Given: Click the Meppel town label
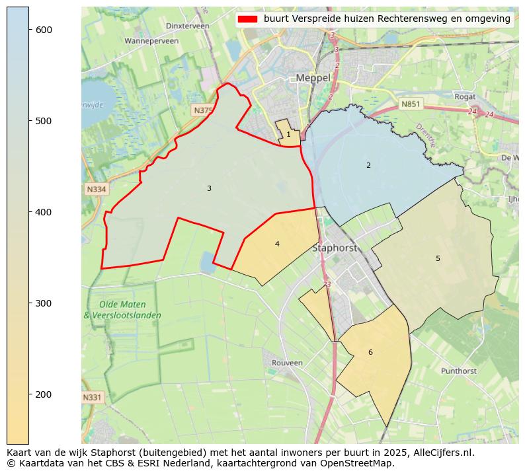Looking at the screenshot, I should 313,78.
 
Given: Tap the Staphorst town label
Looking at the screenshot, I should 334,248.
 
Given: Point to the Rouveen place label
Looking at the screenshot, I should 287,363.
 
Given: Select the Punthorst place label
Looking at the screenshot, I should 458,371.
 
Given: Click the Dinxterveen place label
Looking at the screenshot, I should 188,26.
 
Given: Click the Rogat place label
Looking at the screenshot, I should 465,96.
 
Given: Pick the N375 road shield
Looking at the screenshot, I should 203,110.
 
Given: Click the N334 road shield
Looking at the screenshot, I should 96,190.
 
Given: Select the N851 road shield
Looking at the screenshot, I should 411,104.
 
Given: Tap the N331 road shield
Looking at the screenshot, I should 93,397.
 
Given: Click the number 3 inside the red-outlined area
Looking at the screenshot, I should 209,189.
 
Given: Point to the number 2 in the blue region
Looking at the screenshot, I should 368,165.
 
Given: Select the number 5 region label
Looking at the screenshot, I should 438,258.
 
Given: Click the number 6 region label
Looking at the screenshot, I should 370,352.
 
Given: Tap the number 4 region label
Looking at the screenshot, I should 277,244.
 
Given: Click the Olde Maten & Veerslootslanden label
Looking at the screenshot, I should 122,310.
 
